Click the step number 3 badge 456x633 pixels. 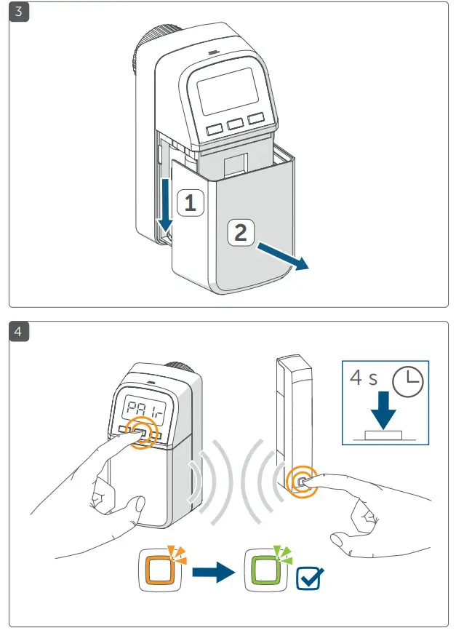[x=18, y=13]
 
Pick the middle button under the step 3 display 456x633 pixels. [x=235, y=124]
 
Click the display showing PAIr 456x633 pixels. [x=142, y=411]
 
